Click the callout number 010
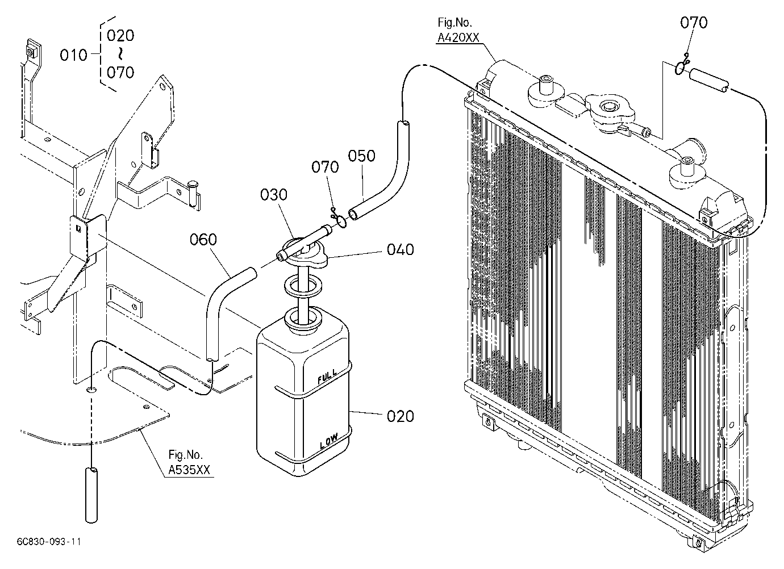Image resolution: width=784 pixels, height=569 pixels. (73, 55)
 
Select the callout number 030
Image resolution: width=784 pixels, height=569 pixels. (274, 195)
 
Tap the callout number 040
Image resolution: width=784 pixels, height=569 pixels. (401, 250)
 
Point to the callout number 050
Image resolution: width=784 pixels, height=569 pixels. (361, 156)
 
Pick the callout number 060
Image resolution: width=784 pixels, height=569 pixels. (203, 240)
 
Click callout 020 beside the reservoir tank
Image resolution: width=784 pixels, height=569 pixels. (401, 416)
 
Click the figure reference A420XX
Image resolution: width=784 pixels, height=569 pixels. (458, 37)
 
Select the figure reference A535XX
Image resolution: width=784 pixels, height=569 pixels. (189, 470)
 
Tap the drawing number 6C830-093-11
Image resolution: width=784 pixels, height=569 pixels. (49, 542)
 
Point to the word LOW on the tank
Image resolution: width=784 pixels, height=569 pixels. (329, 441)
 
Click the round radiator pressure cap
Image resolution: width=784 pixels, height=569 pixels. (610, 112)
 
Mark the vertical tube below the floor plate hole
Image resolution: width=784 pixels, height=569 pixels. (91, 495)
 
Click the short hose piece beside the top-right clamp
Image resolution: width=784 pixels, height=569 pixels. (709, 81)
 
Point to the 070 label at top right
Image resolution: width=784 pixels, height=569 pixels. (694, 23)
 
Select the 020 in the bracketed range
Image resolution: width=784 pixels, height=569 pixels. (120, 36)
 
